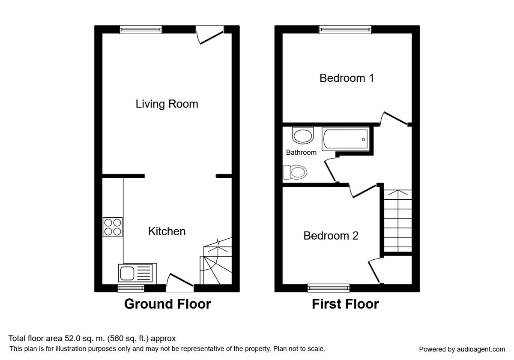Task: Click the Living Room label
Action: click(167, 104)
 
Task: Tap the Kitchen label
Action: click(167, 231)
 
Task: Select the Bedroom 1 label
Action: click(347, 78)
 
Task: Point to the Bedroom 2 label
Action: click(331, 236)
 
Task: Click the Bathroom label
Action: click(301, 153)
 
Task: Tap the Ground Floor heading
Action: click(167, 304)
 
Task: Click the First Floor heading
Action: click(345, 304)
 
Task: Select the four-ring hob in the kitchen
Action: click(112, 227)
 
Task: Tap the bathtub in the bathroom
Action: click(346, 139)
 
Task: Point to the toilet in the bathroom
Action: click(295, 172)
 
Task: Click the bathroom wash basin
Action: click(303, 135)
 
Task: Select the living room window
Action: click(140, 30)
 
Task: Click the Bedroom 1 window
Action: click(345, 30)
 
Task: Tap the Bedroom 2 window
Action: click(329, 288)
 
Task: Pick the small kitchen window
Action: click(131, 288)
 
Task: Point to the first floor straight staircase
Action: click(397, 221)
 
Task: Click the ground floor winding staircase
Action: click(216, 261)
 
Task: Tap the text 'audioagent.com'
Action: click(481, 349)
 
